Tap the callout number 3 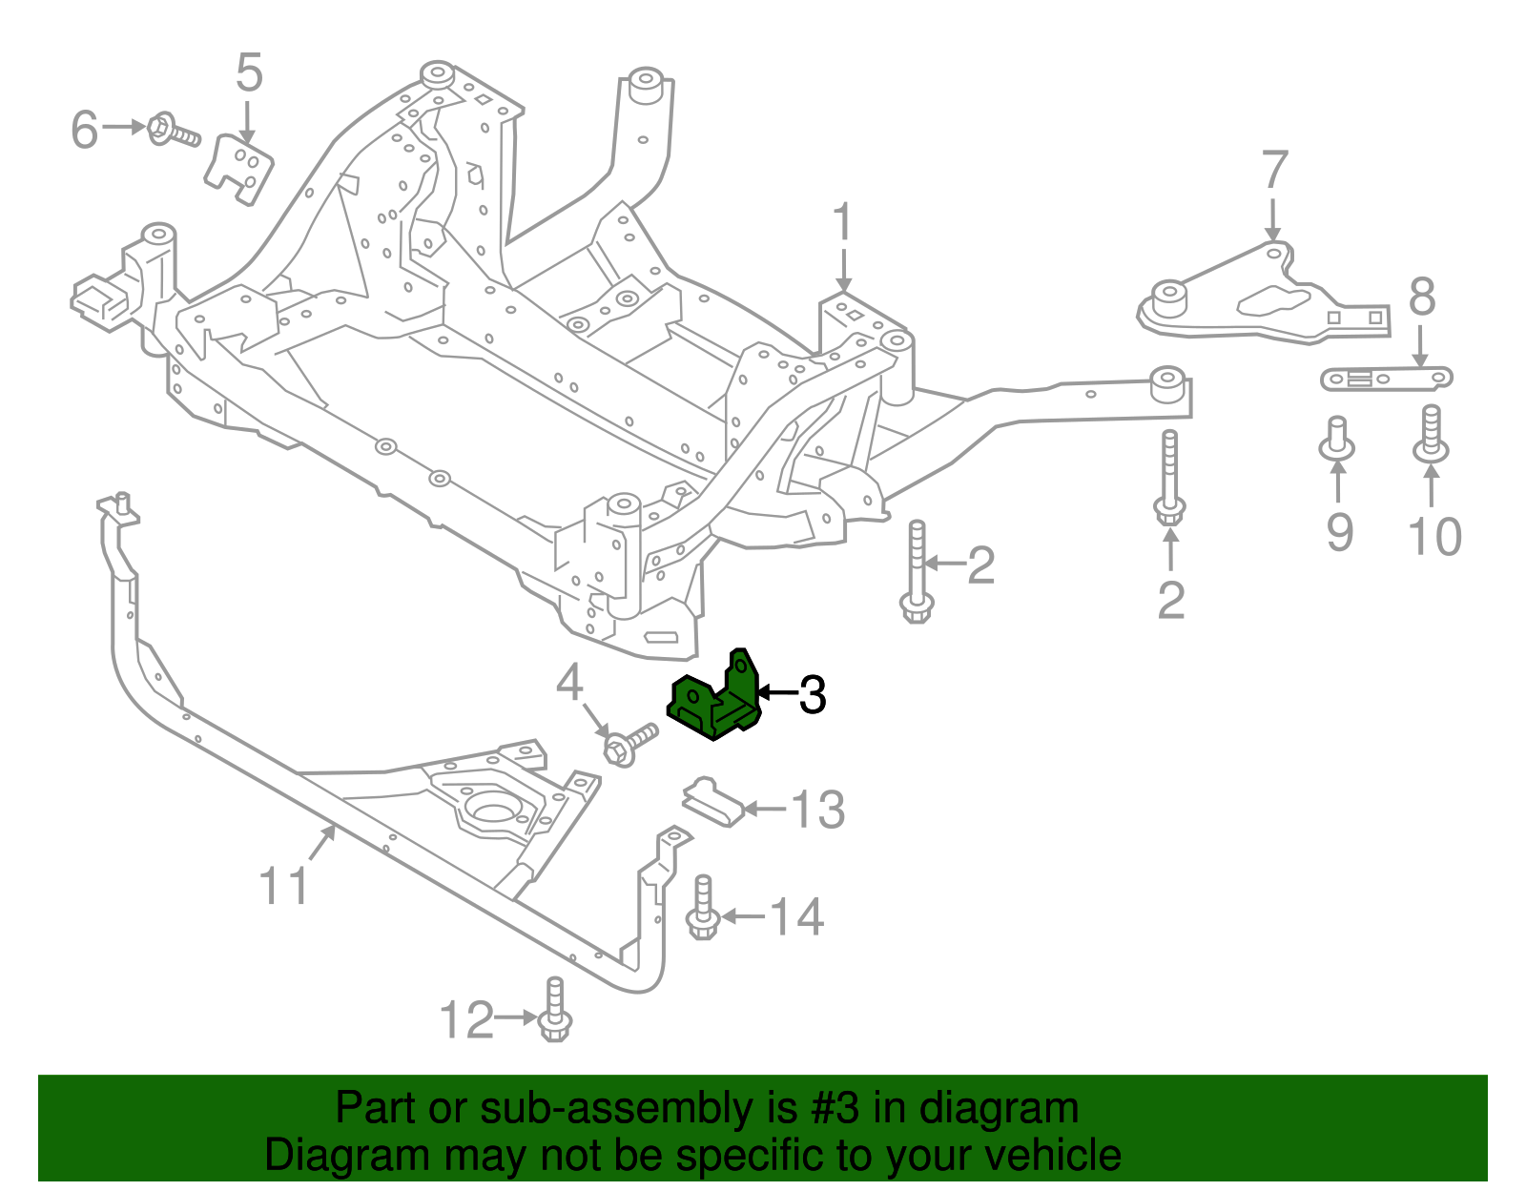click(x=812, y=695)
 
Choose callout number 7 click(x=1274, y=172)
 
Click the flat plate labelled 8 click(x=1386, y=380)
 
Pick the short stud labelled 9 click(x=1336, y=439)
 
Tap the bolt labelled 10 click(x=1431, y=435)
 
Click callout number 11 click(x=284, y=886)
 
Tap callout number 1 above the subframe click(x=841, y=224)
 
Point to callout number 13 click(x=818, y=810)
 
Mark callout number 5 click(x=248, y=73)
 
